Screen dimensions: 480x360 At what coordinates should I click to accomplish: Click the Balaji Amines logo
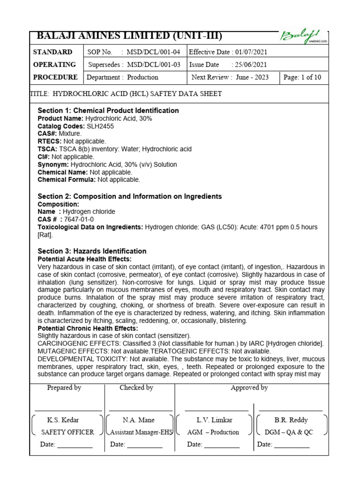coord(300,36)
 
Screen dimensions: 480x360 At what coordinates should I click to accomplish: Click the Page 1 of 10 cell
coord(303,77)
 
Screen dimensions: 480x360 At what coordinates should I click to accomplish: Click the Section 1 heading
coord(108,111)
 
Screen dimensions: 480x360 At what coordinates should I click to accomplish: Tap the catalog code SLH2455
coord(100,127)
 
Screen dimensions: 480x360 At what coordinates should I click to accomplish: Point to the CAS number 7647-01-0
coord(79,219)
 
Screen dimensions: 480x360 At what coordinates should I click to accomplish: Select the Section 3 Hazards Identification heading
coord(92,251)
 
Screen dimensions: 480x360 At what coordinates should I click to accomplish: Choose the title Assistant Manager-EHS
coord(141,432)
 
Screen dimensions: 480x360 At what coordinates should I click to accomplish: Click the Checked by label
coord(136,388)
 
